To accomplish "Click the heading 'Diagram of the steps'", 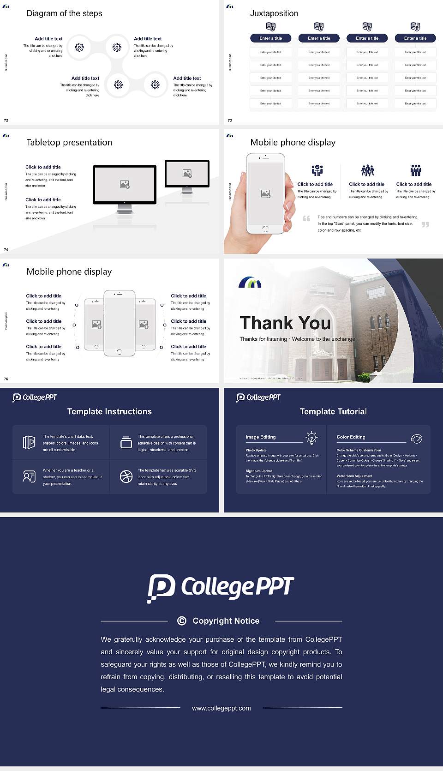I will pyautogui.click(x=64, y=13).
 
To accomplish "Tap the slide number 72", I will pyautogui.click(x=6, y=120).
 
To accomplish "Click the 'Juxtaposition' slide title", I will pyautogui.click(x=274, y=13).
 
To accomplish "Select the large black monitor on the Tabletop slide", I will pyautogui.click(x=125, y=185).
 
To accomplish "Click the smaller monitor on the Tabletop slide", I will pyautogui.click(x=187, y=174).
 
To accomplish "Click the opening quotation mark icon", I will pyautogui.click(x=306, y=219).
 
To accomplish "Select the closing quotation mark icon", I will pyautogui.click(x=425, y=225).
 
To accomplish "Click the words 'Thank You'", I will pyautogui.click(x=285, y=323).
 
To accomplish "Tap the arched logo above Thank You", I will pyautogui.click(x=250, y=283).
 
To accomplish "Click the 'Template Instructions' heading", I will pyautogui.click(x=109, y=411).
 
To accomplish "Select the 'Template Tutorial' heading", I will pyautogui.click(x=333, y=411).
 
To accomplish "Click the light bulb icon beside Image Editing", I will pyautogui.click(x=311, y=438).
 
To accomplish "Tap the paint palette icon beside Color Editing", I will pyautogui.click(x=416, y=439).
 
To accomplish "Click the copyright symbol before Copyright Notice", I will pyautogui.click(x=182, y=621).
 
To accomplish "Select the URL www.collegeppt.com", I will pyautogui.click(x=221, y=708).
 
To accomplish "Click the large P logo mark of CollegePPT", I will pyautogui.click(x=161, y=588).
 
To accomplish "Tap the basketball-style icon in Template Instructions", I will pyautogui.click(x=126, y=476).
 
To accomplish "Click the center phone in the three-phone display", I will pyautogui.click(x=119, y=323).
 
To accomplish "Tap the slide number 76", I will pyautogui.click(x=6, y=379).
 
